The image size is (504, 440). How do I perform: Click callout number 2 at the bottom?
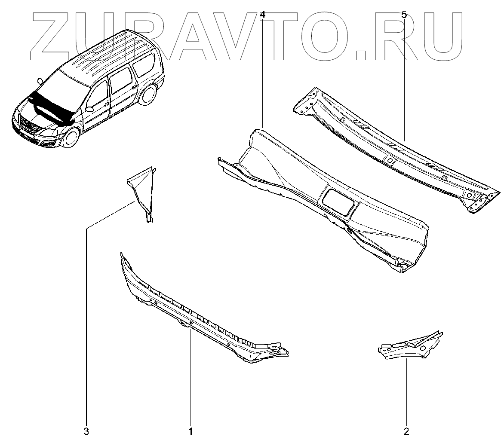click(406, 431)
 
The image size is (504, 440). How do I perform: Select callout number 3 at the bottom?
click(86, 431)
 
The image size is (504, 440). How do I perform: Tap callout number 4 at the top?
click(263, 15)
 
